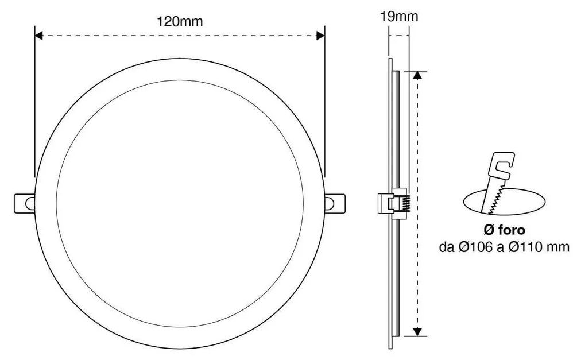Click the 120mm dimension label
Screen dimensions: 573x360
tap(180, 22)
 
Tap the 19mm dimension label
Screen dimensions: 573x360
tap(399, 17)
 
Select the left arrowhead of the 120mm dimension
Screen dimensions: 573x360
tap(38, 36)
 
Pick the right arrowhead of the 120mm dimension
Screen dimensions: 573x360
tap(320, 36)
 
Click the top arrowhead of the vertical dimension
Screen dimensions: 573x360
tap(417, 75)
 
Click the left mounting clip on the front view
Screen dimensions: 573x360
tap(25, 203)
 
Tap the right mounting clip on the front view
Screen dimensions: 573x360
tap(335, 203)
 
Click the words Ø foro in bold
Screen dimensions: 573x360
tap(504, 230)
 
